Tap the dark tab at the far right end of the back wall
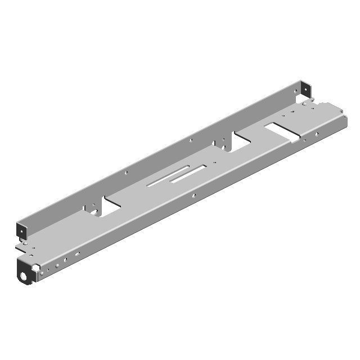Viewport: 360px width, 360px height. pyautogui.click(x=304, y=89)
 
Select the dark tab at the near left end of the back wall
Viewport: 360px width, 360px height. pyautogui.click(x=22, y=231)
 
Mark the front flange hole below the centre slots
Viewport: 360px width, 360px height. pyautogui.click(x=194, y=196)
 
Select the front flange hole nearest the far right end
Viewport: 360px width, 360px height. pyautogui.click(x=317, y=134)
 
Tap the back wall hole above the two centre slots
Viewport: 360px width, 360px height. pyautogui.click(x=191, y=140)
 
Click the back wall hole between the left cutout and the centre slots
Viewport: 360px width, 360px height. pyautogui.click(x=127, y=173)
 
